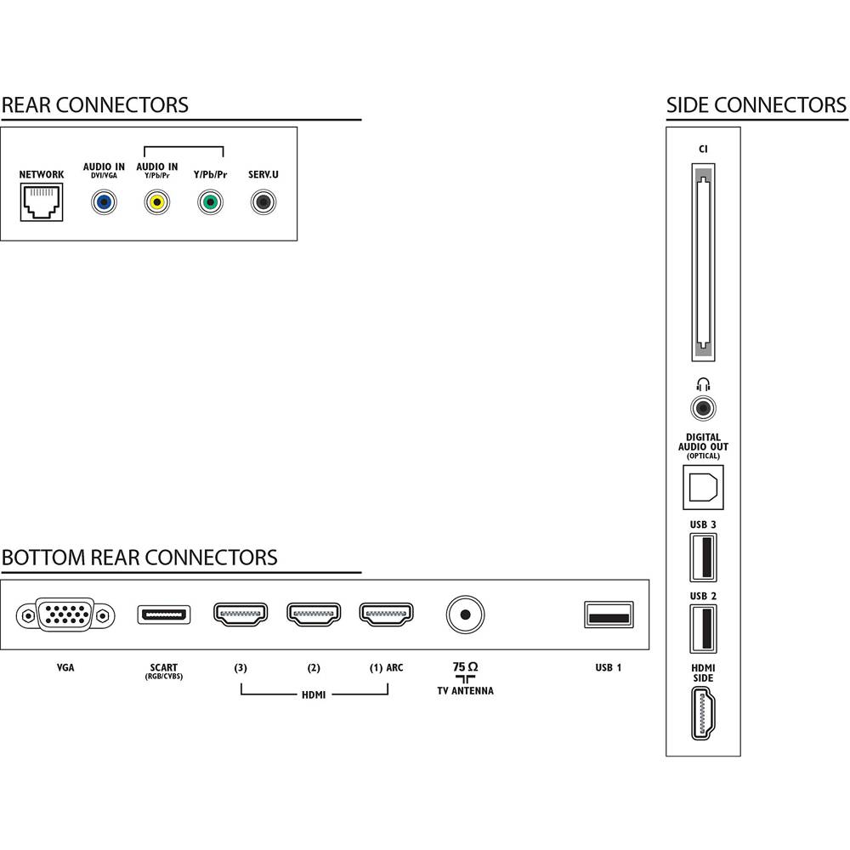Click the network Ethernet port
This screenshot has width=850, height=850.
coord(42,202)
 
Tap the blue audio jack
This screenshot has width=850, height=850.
coord(104,203)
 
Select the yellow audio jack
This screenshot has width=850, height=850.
coord(157,203)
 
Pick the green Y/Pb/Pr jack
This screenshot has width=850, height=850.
coord(210,203)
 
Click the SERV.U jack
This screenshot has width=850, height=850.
coord(263,203)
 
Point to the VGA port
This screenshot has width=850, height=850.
coord(65,615)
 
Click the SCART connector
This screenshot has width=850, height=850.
coord(164,615)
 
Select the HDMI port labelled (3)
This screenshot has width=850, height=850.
coord(241,615)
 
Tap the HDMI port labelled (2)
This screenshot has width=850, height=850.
coord(314,615)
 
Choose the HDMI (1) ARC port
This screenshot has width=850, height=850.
coord(387,615)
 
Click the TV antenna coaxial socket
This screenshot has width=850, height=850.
coord(465,615)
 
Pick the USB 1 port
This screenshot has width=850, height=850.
coord(609,615)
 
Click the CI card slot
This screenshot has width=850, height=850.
coord(703,263)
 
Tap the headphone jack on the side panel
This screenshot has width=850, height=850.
coord(703,408)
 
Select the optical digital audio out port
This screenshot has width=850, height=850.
coord(703,487)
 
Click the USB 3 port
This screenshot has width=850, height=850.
coord(703,558)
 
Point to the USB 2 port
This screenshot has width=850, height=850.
coord(703,629)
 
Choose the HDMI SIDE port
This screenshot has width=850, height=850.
coord(703,713)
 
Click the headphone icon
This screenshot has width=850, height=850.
coord(703,384)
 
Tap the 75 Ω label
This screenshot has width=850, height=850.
coord(465,666)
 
